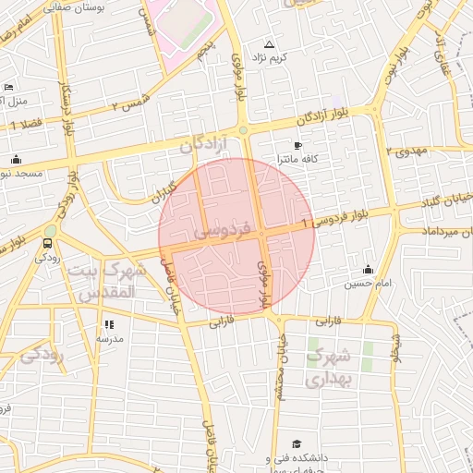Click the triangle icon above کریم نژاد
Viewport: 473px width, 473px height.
tap(270, 44)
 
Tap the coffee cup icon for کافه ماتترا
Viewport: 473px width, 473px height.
tap(297, 145)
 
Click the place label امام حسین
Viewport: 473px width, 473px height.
tap(362, 284)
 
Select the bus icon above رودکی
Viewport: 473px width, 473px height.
tap(46, 244)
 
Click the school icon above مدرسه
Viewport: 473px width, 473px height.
tap(110, 324)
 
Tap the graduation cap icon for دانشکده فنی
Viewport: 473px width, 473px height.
tap(297, 444)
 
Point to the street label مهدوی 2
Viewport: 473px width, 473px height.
tap(404, 148)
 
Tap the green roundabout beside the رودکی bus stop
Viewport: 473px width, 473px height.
tap(50, 230)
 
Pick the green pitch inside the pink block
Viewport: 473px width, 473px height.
tap(186, 20)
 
